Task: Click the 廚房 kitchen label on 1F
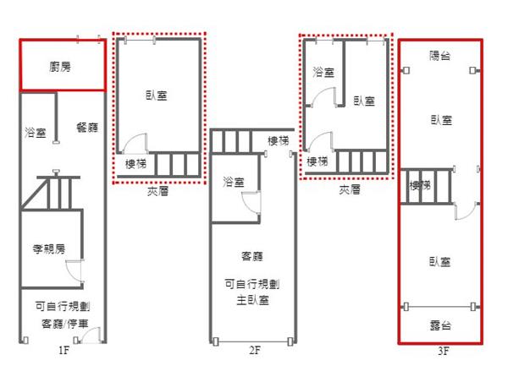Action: pyautogui.click(x=60, y=67)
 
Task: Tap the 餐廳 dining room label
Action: pyautogui.click(x=87, y=128)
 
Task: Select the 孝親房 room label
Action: pyautogui.click(x=49, y=249)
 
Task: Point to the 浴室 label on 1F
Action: pyautogui.click(x=36, y=133)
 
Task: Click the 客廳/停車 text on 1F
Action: pyautogui.click(x=65, y=324)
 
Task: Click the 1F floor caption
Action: pyautogui.click(x=63, y=350)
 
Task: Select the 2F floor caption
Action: pyautogui.click(x=255, y=350)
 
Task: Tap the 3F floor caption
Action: pyautogui.click(x=444, y=351)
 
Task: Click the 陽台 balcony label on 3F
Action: pyautogui.click(x=440, y=56)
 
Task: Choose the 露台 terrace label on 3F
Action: pyautogui.click(x=440, y=325)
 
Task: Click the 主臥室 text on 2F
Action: pyautogui.click(x=252, y=300)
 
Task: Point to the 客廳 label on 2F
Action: pyautogui.click(x=252, y=256)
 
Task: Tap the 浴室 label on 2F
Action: pyautogui.click(x=234, y=182)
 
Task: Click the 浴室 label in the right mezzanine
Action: pyautogui.click(x=323, y=72)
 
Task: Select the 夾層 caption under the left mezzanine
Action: pyautogui.click(x=157, y=192)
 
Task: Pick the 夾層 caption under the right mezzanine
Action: pyautogui.click(x=350, y=190)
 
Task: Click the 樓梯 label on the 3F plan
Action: pyautogui.click(x=420, y=186)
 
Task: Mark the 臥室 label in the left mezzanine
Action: pyautogui.click(x=157, y=96)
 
